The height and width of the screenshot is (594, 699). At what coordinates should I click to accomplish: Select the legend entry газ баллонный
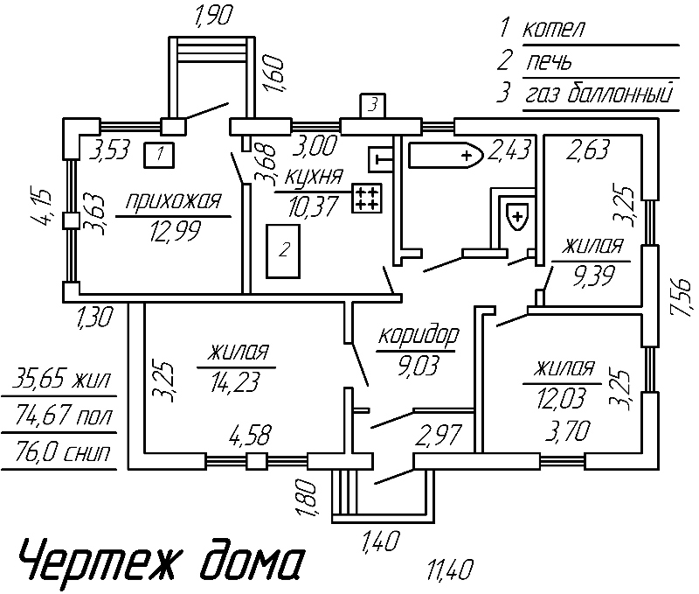pos(600,94)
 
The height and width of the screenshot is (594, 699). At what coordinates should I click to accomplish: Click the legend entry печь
pos(549,62)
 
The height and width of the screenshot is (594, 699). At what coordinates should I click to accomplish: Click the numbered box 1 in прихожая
pos(158,154)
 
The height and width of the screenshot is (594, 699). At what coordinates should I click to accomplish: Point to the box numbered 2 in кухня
pos(283,251)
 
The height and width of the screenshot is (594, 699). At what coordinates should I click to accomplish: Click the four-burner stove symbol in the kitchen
pos(366,198)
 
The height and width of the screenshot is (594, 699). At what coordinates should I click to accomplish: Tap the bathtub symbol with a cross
pos(446,156)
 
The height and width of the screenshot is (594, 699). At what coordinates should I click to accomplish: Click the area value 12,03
pos(558,398)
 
